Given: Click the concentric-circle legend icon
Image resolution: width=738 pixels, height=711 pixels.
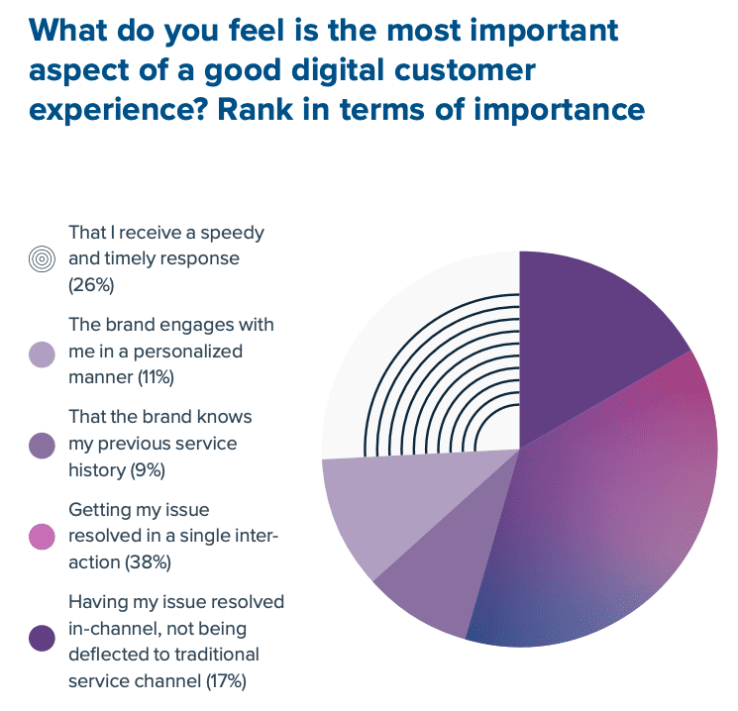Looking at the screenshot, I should point(41,260).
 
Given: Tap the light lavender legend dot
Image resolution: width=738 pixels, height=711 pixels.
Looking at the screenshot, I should point(41,354).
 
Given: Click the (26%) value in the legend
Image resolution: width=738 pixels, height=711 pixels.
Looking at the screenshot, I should point(93,285).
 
